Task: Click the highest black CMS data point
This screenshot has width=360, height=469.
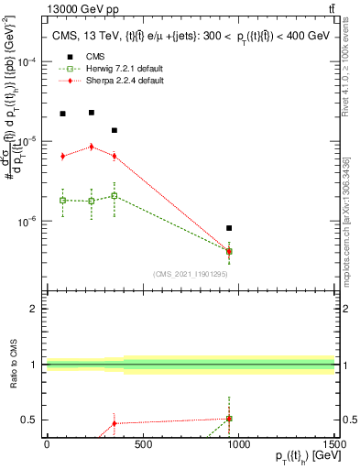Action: pyautogui.click(x=92, y=113)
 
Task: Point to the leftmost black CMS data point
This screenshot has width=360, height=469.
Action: pyautogui.click(x=62, y=114)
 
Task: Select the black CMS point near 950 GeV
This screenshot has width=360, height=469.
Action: pyautogui.click(x=229, y=228)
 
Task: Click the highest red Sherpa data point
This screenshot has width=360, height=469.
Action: pyautogui.click(x=92, y=147)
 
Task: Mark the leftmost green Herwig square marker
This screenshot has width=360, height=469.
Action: pyautogui.click(x=62, y=200)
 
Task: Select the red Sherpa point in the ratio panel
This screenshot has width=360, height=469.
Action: pyautogui.click(x=114, y=423)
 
